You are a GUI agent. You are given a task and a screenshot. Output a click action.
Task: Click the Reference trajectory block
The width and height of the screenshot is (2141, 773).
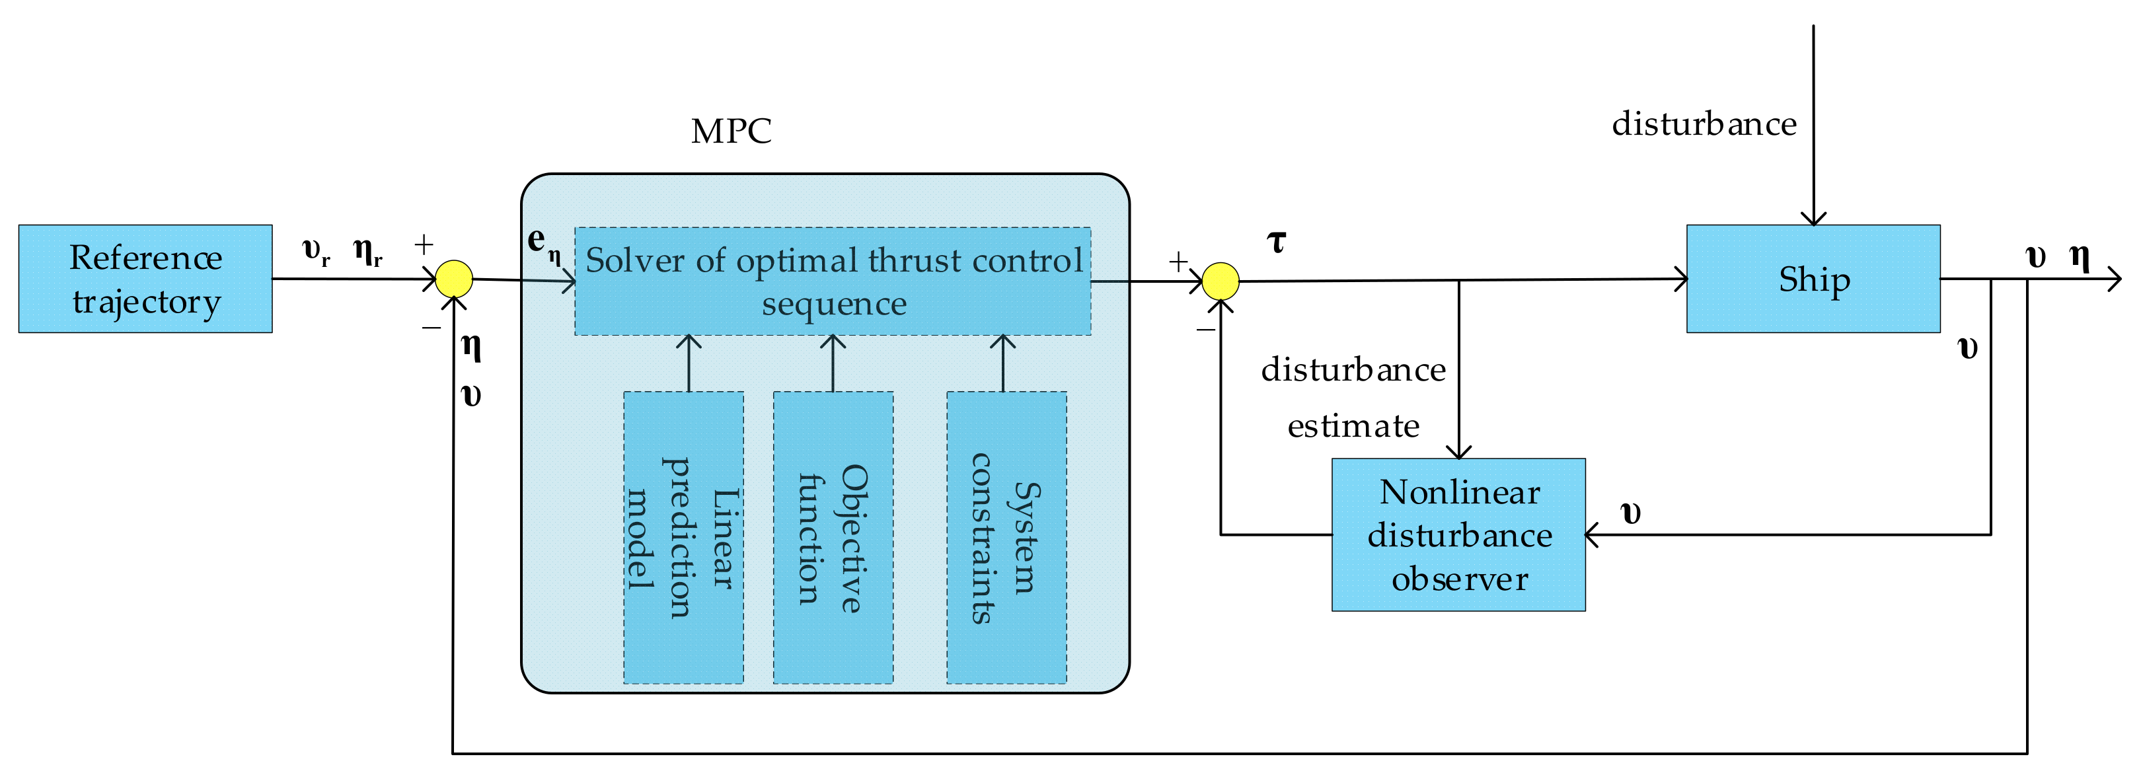(145, 278)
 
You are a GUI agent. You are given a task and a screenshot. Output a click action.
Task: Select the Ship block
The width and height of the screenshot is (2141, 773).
(1813, 278)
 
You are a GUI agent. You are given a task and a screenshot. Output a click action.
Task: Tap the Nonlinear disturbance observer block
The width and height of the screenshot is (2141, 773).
(1458, 534)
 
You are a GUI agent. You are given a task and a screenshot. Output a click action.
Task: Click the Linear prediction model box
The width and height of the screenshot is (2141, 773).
(683, 538)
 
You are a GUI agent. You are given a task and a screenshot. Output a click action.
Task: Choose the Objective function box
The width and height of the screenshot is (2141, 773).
(833, 538)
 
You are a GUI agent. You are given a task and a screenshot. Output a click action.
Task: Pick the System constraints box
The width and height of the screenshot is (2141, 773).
(1006, 538)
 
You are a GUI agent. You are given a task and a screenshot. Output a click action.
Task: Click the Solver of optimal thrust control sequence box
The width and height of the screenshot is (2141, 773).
(833, 281)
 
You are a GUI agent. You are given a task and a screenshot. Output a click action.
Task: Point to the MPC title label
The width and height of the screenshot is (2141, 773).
(731, 131)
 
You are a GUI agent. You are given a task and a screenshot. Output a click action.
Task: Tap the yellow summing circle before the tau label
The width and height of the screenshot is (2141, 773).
(1220, 281)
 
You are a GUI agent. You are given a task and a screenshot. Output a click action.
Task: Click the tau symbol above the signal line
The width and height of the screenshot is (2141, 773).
(1277, 242)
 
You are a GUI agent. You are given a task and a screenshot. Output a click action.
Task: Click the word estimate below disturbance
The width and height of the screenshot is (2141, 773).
(1353, 426)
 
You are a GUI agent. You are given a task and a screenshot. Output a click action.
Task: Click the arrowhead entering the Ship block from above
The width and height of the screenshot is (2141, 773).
(1813, 219)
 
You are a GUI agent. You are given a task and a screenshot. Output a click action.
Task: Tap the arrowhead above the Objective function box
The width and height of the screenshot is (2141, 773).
(833, 341)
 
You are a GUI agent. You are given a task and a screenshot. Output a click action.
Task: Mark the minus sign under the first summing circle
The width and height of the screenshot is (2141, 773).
(431, 328)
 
